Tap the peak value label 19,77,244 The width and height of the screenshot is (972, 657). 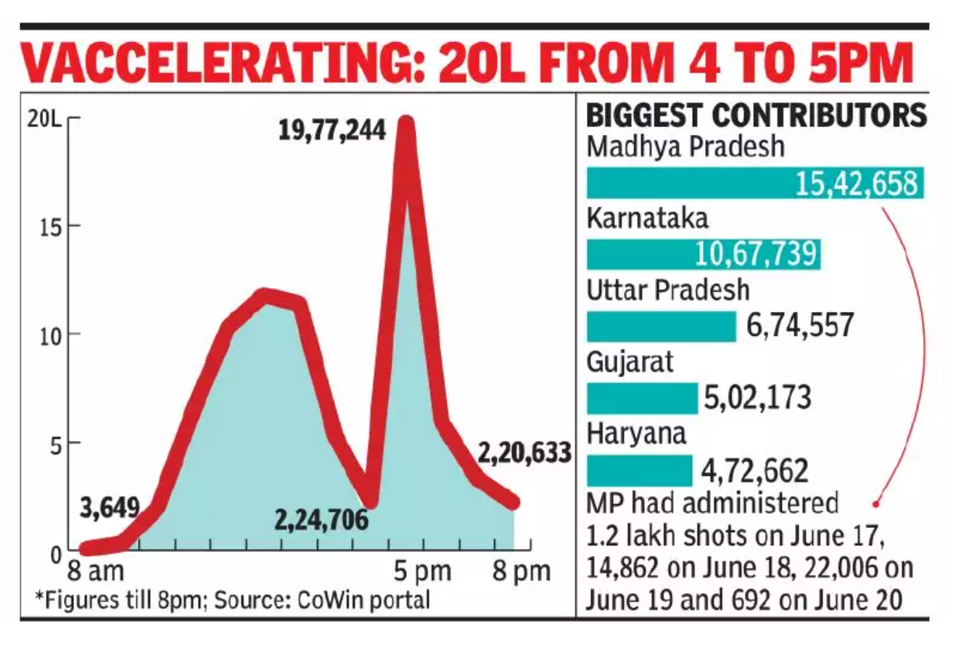(332, 132)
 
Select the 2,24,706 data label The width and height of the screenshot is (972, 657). (321, 520)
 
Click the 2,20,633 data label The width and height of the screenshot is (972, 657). (524, 453)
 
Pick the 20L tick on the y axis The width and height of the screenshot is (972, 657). (42, 120)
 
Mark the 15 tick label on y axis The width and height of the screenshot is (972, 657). (49, 226)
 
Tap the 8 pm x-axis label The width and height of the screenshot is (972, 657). (522, 571)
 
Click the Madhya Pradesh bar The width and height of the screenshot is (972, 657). (754, 183)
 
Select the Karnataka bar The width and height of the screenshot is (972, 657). (703, 255)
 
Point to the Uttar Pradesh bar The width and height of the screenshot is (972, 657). (661, 326)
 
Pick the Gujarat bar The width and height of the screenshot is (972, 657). (641, 398)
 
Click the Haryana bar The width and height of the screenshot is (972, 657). (639, 471)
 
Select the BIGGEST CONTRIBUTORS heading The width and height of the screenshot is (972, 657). (756, 116)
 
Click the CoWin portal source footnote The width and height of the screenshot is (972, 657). (232, 600)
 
